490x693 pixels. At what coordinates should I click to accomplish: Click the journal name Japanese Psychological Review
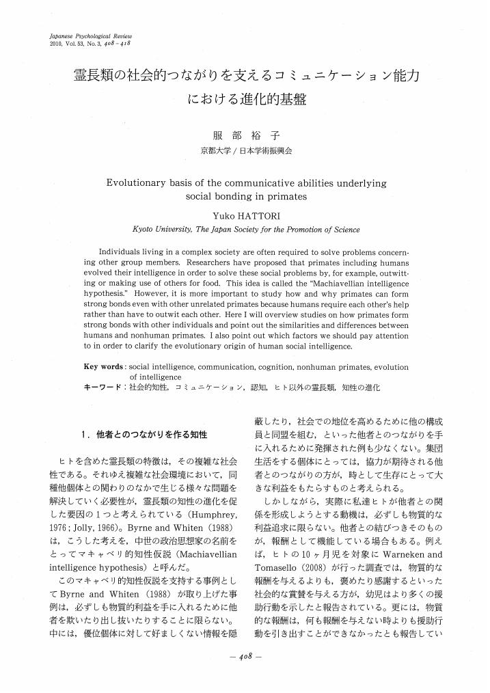click(90, 34)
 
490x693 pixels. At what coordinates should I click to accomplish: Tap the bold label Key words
click(103, 366)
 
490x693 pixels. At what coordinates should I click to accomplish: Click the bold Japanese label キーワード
click(103, 387)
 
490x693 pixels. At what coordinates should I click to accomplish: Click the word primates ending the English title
click(287, 197)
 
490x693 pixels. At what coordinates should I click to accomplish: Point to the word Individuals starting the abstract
click(124, 251)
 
